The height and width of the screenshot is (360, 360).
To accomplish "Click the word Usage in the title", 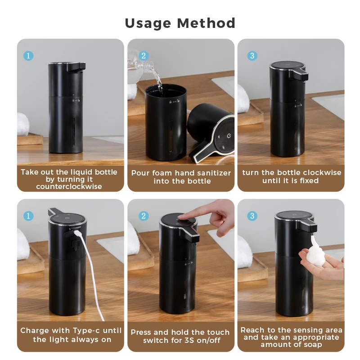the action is tap(148, 23).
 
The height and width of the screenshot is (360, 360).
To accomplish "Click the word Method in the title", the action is tap(206, 23).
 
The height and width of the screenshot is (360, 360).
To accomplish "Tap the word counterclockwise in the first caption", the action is tap(69, 186).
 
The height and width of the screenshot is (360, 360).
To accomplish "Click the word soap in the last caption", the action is tap(312, 344).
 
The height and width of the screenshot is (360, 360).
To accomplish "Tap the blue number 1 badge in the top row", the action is tap(28, 55).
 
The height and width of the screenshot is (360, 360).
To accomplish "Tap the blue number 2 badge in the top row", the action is tap(144, 55).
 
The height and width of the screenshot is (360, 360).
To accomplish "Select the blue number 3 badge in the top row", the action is tap(252, 55).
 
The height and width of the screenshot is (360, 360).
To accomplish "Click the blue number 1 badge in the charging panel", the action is tap(28, 216).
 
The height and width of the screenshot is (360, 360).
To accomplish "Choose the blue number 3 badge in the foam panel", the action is tap(252, 216).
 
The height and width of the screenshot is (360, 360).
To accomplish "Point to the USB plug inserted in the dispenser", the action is tap(76, 234).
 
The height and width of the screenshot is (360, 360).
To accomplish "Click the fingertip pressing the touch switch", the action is tap(182, 217).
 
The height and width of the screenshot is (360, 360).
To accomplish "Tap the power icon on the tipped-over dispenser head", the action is tap(229, 136).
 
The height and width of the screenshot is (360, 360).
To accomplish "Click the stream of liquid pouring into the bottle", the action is tap(158, 81).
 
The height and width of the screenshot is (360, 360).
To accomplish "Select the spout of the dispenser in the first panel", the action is tap(76, 67).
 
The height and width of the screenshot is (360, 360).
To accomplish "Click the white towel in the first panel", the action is tap(23, 124).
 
